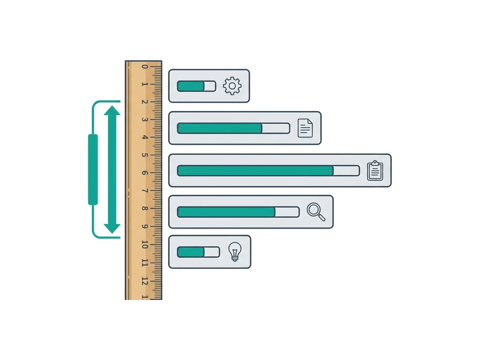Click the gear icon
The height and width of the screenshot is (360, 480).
(232, 86)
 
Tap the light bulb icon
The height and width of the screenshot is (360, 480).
(235, 251)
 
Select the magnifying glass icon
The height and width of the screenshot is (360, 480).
(316, 212)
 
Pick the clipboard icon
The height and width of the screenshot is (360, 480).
(375, 170)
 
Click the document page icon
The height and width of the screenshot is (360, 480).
(305, 128)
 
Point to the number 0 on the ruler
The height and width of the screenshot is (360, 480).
(145, 67)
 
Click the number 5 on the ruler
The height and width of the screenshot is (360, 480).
(145, 155)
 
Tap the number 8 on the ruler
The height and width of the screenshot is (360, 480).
(145, 208)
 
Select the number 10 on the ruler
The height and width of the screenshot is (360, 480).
(145, 245)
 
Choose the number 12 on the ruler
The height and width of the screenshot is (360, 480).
(145, 281)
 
